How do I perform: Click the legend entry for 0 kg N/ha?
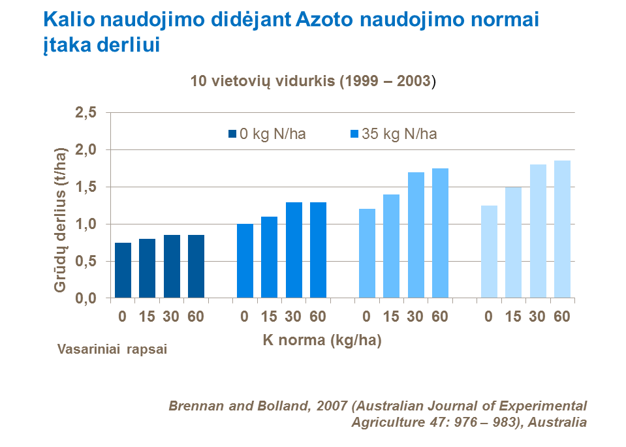[267, 134]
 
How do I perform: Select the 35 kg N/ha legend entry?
[394, 134]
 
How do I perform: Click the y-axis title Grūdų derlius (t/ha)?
[60, 220]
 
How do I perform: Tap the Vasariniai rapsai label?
[112, 349]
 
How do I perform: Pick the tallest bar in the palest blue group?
[562, 229]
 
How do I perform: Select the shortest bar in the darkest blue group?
[123, 270]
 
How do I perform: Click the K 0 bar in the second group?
[245, 261]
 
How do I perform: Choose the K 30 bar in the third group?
[416, 235]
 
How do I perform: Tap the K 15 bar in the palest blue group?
[513, 243]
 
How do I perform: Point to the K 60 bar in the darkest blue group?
[196, 266]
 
